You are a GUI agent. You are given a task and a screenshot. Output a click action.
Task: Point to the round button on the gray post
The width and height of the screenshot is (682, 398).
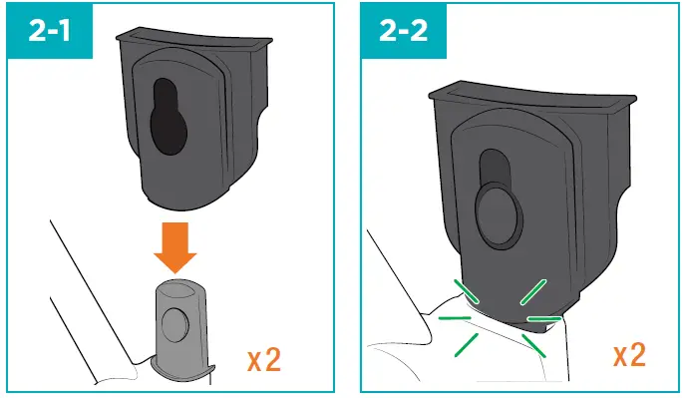(177, 324)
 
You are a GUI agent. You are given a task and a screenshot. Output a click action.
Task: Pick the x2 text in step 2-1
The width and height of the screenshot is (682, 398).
(262, 358)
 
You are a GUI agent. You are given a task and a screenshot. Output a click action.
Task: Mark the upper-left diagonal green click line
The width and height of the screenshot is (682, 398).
(466, 290)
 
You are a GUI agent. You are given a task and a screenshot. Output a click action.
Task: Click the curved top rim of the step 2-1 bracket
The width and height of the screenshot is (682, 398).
(194, 36)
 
